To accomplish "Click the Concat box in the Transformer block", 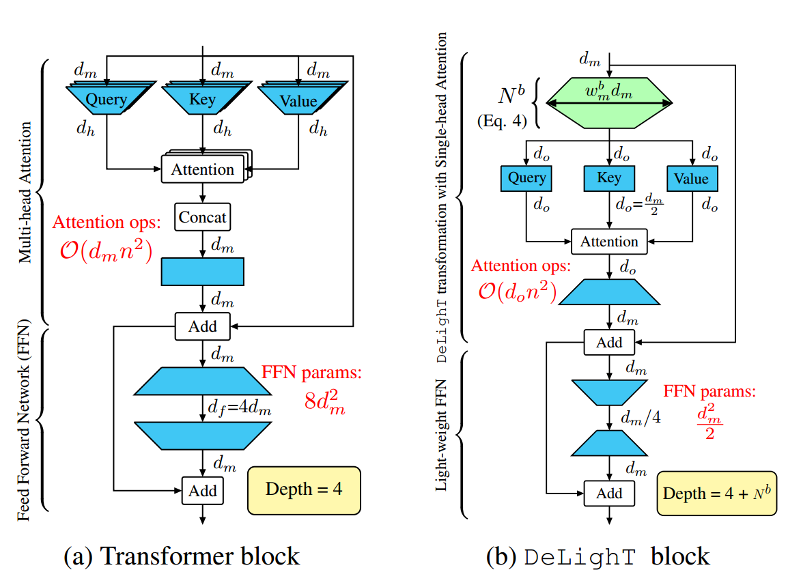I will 202,218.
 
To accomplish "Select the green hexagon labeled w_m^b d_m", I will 608,103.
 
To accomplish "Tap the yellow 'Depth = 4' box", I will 304,489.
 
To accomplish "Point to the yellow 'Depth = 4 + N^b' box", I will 716,493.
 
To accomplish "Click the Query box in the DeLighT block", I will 526,178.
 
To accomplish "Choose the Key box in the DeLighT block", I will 609,178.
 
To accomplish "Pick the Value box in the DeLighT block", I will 691,178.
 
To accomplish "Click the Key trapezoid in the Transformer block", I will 202,100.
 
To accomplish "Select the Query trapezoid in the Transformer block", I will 107,100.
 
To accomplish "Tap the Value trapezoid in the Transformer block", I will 298,100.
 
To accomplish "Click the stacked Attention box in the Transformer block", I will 202,169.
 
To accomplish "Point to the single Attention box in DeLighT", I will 609,242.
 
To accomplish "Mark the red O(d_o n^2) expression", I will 516,292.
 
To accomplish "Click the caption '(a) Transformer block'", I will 181,556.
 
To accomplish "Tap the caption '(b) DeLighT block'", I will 597,556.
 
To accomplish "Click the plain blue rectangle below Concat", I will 202,271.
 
